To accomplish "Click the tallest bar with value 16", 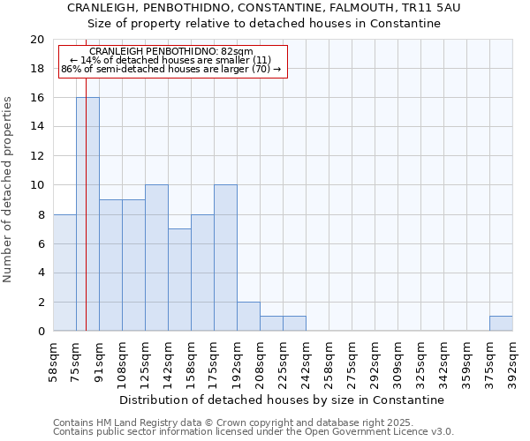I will point(87,214).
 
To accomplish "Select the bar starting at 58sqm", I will point(64,273).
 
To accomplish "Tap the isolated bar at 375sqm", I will point(501,324).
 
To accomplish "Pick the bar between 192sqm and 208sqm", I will point(248,317).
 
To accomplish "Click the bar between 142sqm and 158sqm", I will point(179,280).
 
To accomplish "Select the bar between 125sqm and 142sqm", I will point(156,258).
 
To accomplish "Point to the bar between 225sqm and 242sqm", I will point(294,324).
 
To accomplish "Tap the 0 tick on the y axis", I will point(41,332).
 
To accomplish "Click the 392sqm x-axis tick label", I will point(513,363).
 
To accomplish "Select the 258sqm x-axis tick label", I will point(329,363).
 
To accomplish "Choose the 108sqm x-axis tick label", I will point(122,363).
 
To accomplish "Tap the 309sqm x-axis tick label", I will point(397,363).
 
